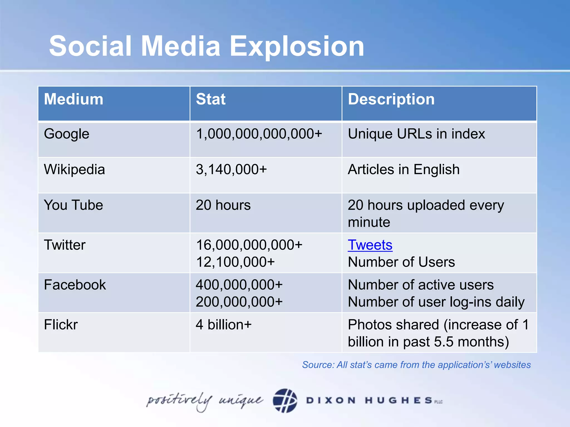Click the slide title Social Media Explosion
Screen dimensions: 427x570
pos(207,46)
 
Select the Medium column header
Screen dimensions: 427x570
pos(73,99)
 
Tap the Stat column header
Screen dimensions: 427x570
pos(211,99)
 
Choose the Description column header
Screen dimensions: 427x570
pos(391,99)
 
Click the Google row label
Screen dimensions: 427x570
pos(67,134)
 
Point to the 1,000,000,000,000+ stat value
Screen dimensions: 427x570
pos(259,134)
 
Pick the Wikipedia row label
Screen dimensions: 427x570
pos(74,170)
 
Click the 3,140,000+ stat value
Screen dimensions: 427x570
pos(231,170)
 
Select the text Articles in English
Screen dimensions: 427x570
pos(404,170)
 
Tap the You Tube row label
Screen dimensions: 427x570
pos(73,205)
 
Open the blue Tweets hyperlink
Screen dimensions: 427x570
pos(370,245)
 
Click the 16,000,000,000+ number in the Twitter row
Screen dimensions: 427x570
pos(249,245)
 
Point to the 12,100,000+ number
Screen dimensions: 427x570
pos(235,262)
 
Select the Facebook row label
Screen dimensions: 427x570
pos(75,285)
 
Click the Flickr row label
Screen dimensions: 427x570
pos(61,325)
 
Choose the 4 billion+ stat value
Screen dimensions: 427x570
pos(223,325)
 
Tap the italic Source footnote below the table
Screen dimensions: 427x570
pos(416,365)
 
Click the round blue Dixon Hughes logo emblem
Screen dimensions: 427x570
pos(285,401)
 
